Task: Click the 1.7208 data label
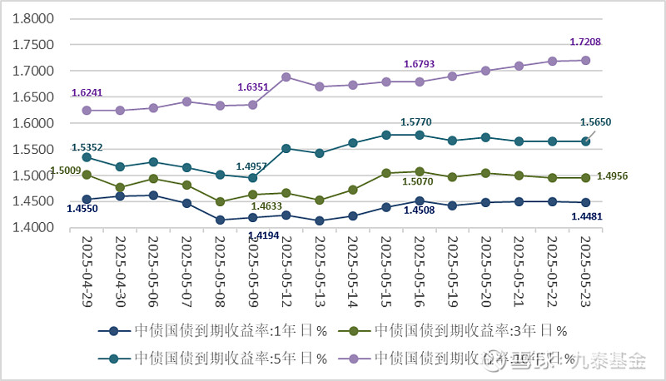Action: tap(585, 41)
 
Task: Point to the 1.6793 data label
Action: tap(420, 63)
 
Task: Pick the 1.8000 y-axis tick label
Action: tap(34, 18)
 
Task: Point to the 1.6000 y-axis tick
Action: tap(34, 123)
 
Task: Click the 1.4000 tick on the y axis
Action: tap(34, 228)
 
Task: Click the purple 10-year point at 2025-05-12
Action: tap(286, 77)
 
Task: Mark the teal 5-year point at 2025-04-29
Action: tap(87, 157)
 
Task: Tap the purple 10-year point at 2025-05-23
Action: tap(585, 60)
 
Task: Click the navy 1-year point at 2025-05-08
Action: tap(220, 220)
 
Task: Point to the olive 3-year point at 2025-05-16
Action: tap(420, 171)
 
